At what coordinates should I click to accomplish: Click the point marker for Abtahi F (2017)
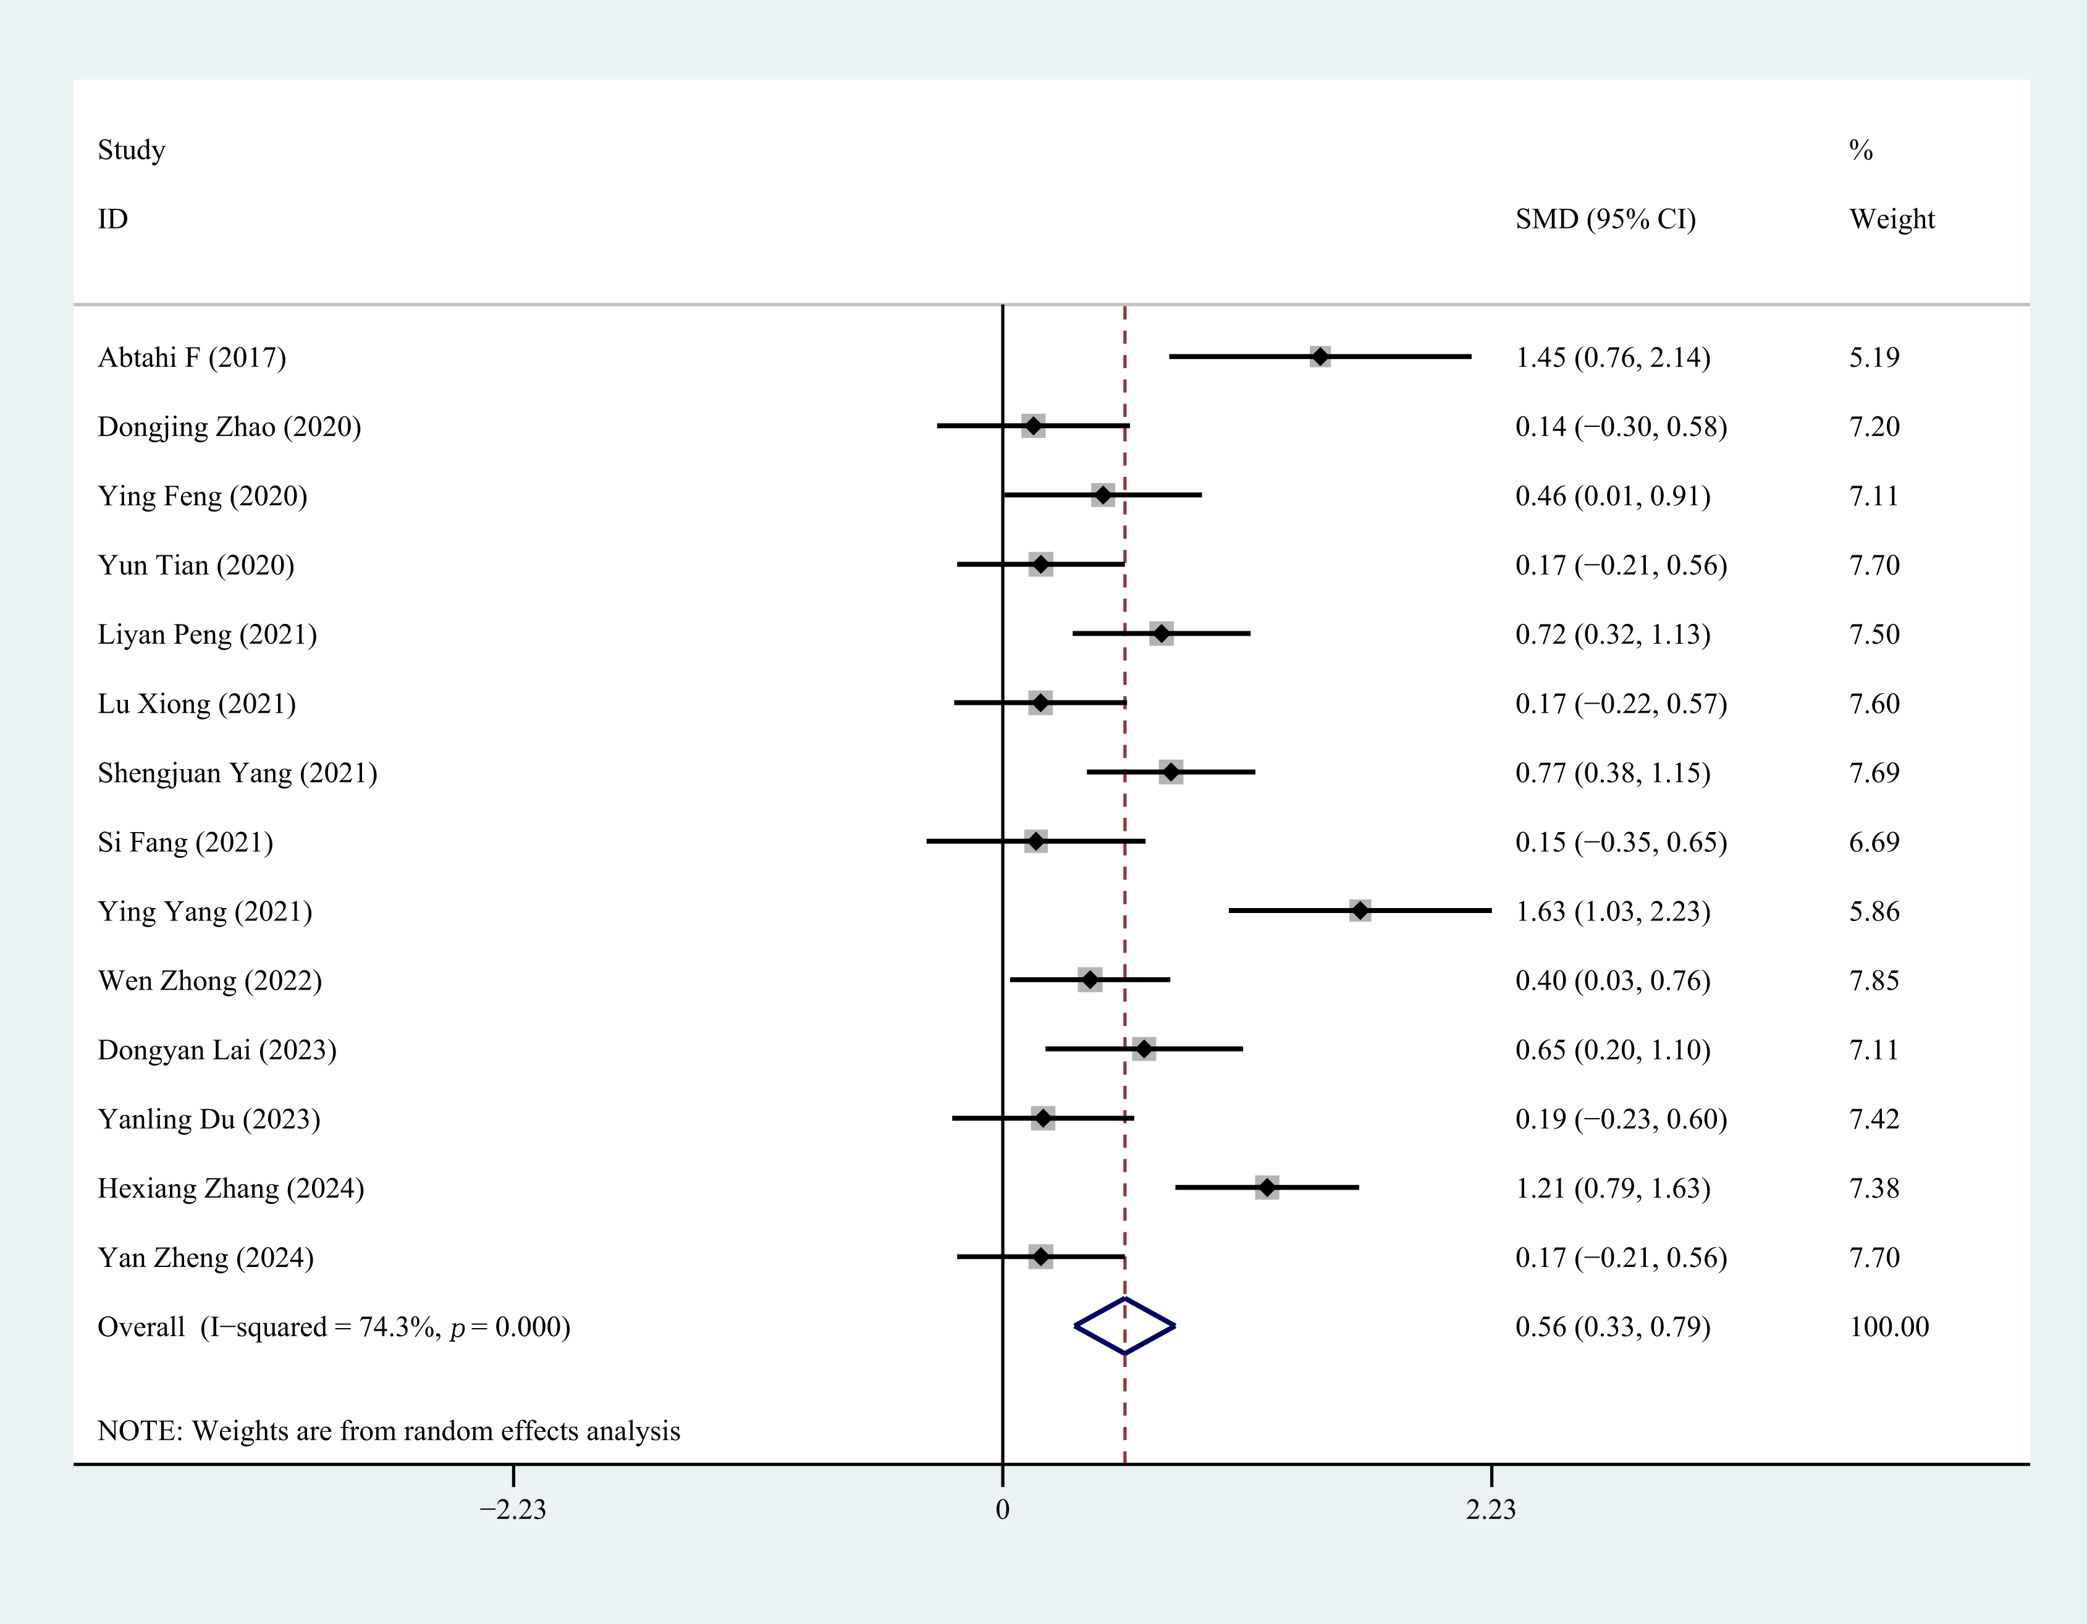click(1320, 356)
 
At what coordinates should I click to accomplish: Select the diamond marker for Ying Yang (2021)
click(1360, 911)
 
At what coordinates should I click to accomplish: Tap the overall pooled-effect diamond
click(1124, 1326)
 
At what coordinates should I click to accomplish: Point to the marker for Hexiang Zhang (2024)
click(1267, 1187)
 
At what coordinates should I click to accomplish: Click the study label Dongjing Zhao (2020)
click(229, 426)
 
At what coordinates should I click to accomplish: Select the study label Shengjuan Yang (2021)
click(237, 772)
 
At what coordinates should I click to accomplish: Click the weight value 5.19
click(1874, 357)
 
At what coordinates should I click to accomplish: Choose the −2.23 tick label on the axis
click(513, 1509)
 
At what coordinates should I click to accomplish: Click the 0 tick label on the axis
click(1002, 1509)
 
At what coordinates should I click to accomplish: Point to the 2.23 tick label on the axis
click(1491, 1509)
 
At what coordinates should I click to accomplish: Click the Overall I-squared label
click(334, 1327)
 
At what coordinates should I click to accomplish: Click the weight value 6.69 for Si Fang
click(1874, 841)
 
